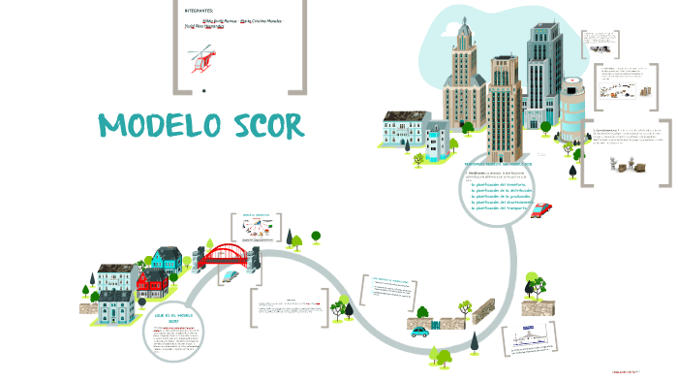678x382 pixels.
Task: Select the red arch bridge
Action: tap(229, 254)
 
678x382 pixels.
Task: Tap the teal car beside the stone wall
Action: tap(419, 331)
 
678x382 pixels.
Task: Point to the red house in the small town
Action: tap(152, 284)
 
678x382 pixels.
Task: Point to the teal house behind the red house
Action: tap(166, 259)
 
